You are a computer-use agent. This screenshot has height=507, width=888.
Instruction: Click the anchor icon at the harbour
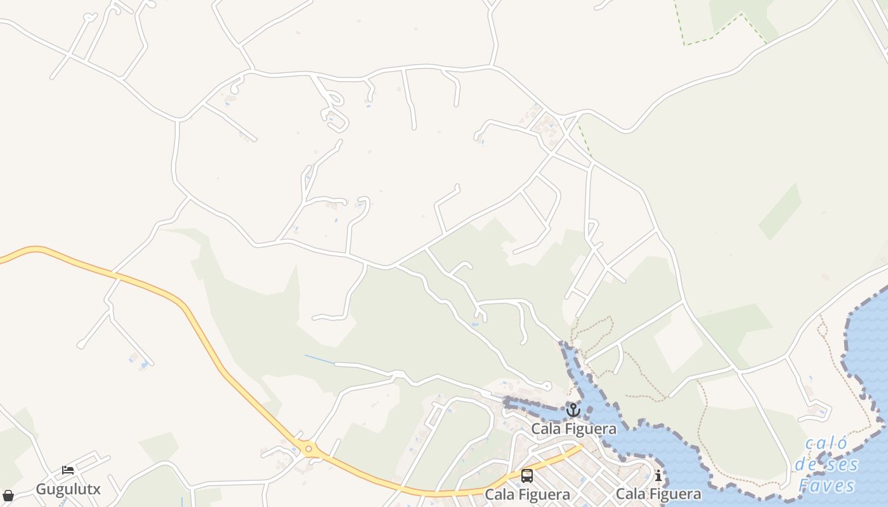pos(573,410)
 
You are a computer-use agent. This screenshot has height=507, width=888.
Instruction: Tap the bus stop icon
pos(527,476)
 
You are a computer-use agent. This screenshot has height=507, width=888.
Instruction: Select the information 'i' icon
pos(658,476)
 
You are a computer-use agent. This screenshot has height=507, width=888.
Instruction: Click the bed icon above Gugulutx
pos(68,471)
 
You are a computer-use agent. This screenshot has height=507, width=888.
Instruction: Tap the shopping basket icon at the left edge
pos(8,496)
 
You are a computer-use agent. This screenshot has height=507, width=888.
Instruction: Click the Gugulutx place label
pos(68,489)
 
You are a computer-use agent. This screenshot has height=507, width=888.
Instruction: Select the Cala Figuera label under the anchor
pos(573,429)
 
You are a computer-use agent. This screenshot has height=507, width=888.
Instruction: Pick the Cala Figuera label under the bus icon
pos(527,494)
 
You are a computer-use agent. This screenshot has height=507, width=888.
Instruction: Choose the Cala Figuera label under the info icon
pos(658,494)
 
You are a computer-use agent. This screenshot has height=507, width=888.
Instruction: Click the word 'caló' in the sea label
pos(827,444)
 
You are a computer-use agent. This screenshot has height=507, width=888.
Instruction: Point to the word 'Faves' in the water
pos(827,486)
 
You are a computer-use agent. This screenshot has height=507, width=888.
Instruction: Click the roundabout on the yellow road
pos(309,449)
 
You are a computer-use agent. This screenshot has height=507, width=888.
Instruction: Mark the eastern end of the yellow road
pos(580,447)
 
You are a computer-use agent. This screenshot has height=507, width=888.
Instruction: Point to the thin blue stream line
pos(320,359)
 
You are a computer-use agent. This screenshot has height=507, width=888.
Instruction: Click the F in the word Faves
pos(804,486)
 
